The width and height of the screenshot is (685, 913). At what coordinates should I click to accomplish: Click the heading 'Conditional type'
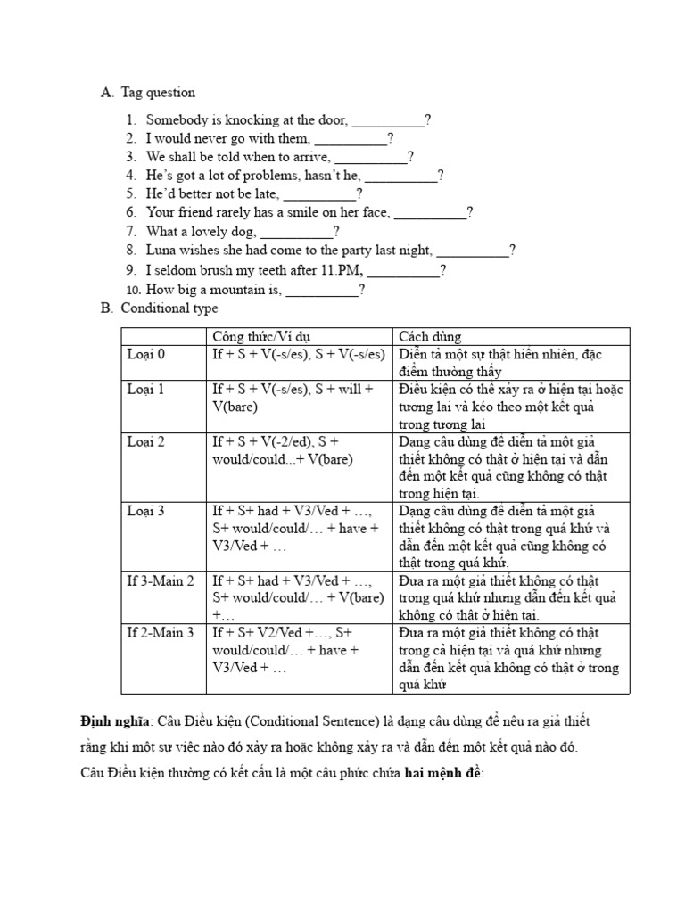(x=169, y=308)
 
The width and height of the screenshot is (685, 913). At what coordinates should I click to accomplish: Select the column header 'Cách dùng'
(x=430, y=336)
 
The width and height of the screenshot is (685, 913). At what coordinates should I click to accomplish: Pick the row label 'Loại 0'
(x=146, y=354)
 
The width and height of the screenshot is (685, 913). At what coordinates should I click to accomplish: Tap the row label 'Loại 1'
(x=146, y=390)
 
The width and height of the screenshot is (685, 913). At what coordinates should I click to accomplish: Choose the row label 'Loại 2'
(x=146, y=441)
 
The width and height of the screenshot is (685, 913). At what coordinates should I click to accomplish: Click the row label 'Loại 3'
(x=146, y=511)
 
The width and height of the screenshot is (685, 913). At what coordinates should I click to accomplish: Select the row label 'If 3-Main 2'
(x=161, y=581)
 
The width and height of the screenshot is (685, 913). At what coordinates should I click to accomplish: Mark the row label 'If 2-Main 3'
(x=161, y=633)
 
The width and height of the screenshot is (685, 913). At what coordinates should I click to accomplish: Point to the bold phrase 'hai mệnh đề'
(x=442, y=772)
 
